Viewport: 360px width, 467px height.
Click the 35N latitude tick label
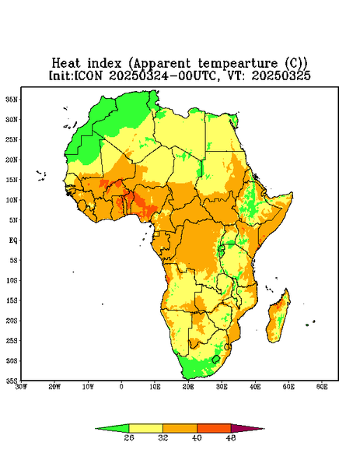tap(12, 100)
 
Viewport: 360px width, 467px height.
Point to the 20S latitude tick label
tap(12, 321)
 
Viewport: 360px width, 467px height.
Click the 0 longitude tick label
tap(121, 387)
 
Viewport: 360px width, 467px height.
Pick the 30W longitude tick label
tap(21, 387)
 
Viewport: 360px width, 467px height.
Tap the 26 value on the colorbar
tap(129, 437)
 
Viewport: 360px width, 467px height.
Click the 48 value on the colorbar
tap(231, 437)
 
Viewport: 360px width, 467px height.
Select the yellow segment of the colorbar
tap(145, 428)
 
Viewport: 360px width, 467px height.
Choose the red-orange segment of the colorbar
tap(214, 428)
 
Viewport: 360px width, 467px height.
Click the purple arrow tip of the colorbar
tap(264, 429)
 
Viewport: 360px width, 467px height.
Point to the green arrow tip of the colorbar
tap(96, 429)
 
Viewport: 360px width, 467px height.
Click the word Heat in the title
tap(66, 64)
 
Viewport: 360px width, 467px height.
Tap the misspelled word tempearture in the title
tap(238, 64)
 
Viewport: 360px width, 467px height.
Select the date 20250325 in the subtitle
tap(281, 75)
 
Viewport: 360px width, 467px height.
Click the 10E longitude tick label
tap(155, 387)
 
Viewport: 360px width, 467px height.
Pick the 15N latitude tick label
tap(12, 180)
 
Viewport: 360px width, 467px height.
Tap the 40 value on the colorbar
tap(197, 437)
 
